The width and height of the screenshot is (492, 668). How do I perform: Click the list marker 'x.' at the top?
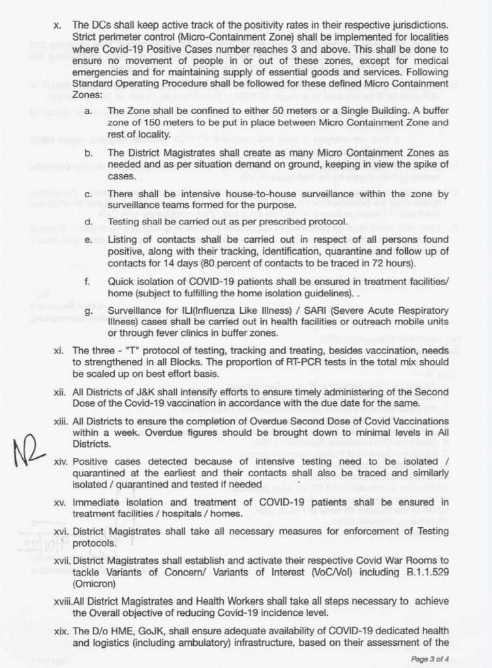click(57, 25)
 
